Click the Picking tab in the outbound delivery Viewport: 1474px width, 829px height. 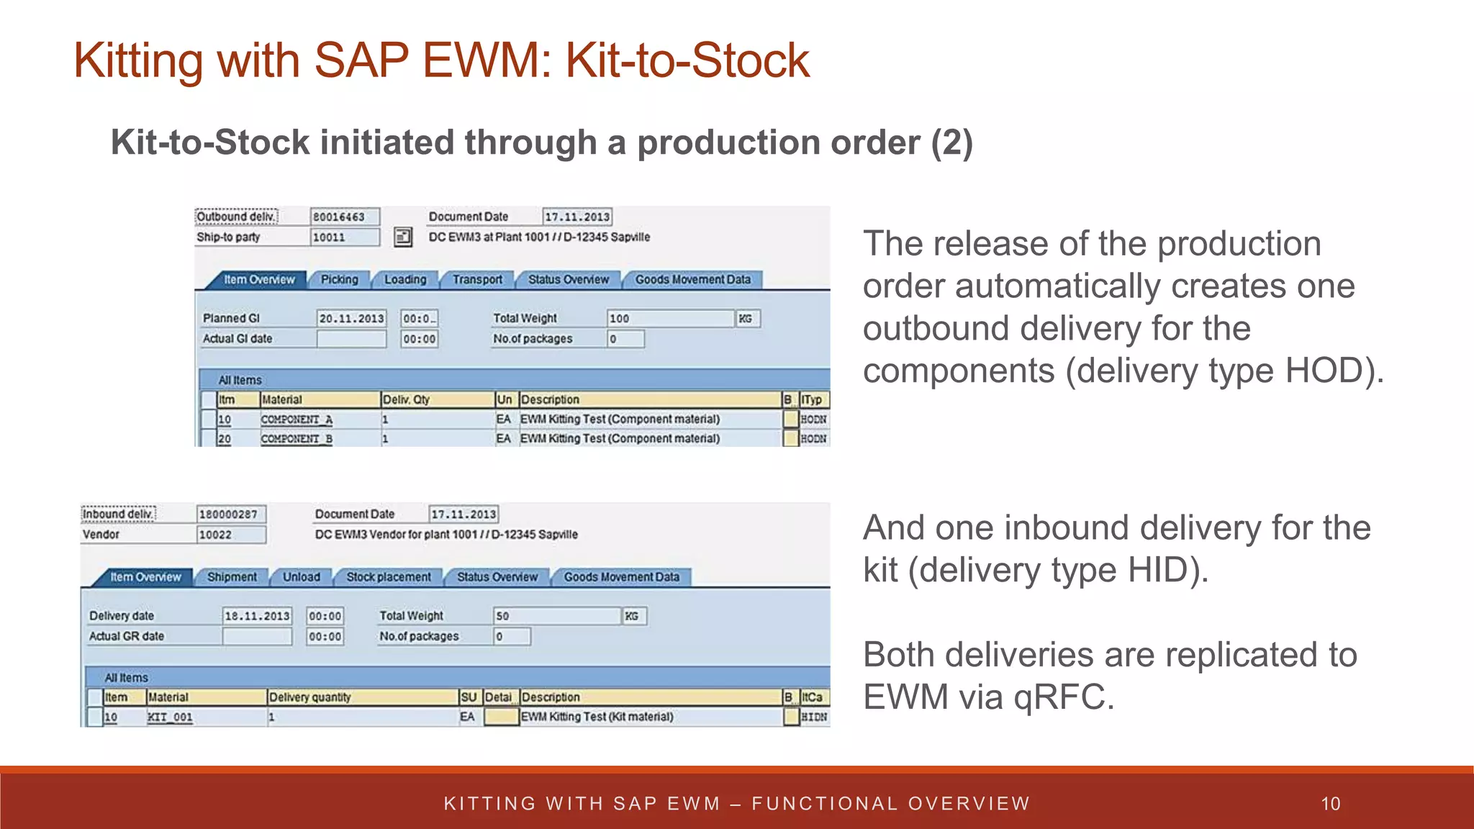pos(339,279)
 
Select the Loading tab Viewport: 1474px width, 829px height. pos(404,279)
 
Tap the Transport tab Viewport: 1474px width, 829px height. pos(477,279)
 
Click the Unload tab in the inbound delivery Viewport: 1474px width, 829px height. pos(301,577)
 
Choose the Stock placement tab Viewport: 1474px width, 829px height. pos(389,577)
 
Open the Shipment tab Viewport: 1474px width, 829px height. pos(232,577)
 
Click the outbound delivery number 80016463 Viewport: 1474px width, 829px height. pos(344,217)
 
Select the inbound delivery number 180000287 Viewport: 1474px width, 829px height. pos(230,515)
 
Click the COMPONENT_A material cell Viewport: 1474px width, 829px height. pos(297,420)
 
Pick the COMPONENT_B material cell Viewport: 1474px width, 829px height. pos(297,439)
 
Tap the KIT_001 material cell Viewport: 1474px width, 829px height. pos(170,717)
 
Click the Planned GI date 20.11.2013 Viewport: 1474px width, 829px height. pos(351,319)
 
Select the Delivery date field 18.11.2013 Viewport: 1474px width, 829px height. pos(257,616)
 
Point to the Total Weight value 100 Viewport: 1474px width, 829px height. pos(669,319)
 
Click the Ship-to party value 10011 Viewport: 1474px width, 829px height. pos(344,237)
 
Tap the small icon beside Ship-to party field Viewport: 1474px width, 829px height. pos(403,237)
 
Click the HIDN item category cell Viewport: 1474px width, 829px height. pos(814,717)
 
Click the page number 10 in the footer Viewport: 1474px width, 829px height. pos(1331,804)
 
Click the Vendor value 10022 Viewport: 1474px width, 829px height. pos(230,535)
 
